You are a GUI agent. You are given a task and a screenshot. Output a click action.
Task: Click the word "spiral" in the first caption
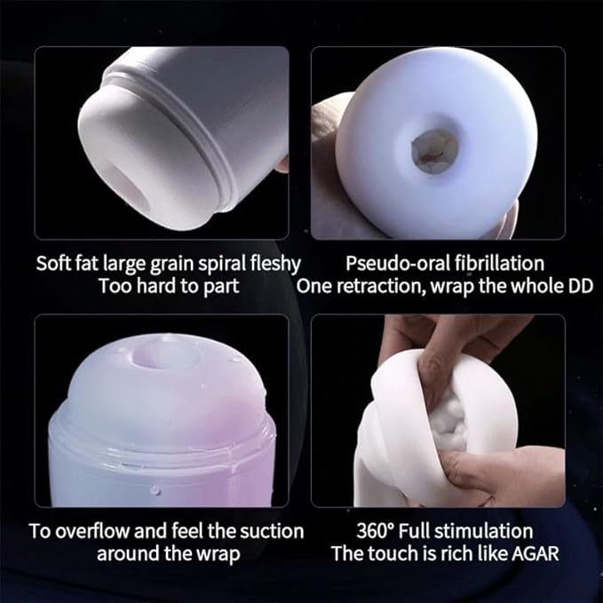point(222,264)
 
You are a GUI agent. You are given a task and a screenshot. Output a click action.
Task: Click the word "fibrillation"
point(500,264)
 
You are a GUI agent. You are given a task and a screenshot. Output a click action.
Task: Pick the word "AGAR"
point(536,554)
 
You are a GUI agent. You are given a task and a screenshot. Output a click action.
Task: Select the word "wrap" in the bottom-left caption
point(218,554)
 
